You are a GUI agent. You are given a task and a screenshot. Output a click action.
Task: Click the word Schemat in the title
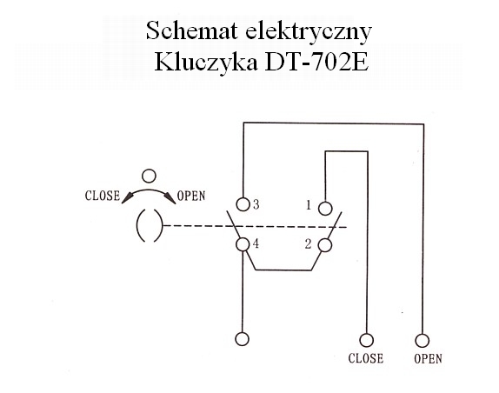click(x=192, y=30)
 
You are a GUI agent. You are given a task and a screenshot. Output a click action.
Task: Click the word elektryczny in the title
click(x=309, y=32)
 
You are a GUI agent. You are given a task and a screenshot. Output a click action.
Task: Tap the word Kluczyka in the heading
click(x=206, y=63)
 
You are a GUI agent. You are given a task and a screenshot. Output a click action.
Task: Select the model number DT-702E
click(x=316, y=61)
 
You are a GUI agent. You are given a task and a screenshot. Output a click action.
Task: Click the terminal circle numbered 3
click(x=243, y=204)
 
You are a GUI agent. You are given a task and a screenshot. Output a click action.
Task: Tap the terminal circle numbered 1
click(x=325, y=209)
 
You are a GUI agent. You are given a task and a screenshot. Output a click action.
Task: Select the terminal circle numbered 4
click(x=243, y=244)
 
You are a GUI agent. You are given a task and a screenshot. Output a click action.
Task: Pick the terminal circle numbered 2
click(x=325, y=245)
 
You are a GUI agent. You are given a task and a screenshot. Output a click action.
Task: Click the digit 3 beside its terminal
click(x=256, y=204)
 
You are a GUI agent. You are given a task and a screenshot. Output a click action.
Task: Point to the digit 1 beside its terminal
click(x=308, y=205)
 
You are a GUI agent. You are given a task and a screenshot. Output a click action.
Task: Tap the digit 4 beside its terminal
click(x=256, y=243)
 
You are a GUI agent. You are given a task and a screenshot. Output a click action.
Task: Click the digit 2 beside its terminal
click(x=308, y=244)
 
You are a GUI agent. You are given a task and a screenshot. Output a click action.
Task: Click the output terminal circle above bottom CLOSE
click(x=366, y=340)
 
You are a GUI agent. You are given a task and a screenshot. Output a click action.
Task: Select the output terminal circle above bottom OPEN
click(x=422, y=341)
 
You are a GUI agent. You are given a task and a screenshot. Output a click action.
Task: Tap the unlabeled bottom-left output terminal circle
click(x=243, y=339)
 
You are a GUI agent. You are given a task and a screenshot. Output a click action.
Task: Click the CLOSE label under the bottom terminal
click(x=366, y=358)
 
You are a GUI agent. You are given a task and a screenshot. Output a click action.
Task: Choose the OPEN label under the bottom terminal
click(x=428, y=359)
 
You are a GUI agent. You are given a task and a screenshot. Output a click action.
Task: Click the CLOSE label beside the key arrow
click(x=103, y=196)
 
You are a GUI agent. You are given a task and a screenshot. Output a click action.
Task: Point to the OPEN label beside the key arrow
click(x=191, y=196)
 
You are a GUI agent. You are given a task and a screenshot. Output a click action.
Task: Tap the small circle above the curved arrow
click(x=149, y=176)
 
